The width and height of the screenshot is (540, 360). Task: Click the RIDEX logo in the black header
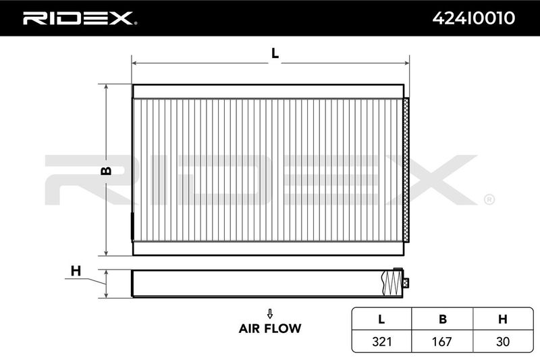point(79,18)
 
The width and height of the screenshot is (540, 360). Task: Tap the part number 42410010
point(474,18)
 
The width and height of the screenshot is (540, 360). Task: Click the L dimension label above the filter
point(275,53)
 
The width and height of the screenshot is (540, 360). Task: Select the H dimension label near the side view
point(76,271)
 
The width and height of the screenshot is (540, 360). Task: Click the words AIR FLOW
point(270,328)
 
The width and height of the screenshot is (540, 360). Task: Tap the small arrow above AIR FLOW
point(270,313)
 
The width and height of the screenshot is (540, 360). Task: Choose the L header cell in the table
point(381,319)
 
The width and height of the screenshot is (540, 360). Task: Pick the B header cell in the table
point(443,319)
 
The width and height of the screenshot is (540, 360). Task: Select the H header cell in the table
point(503,319)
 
